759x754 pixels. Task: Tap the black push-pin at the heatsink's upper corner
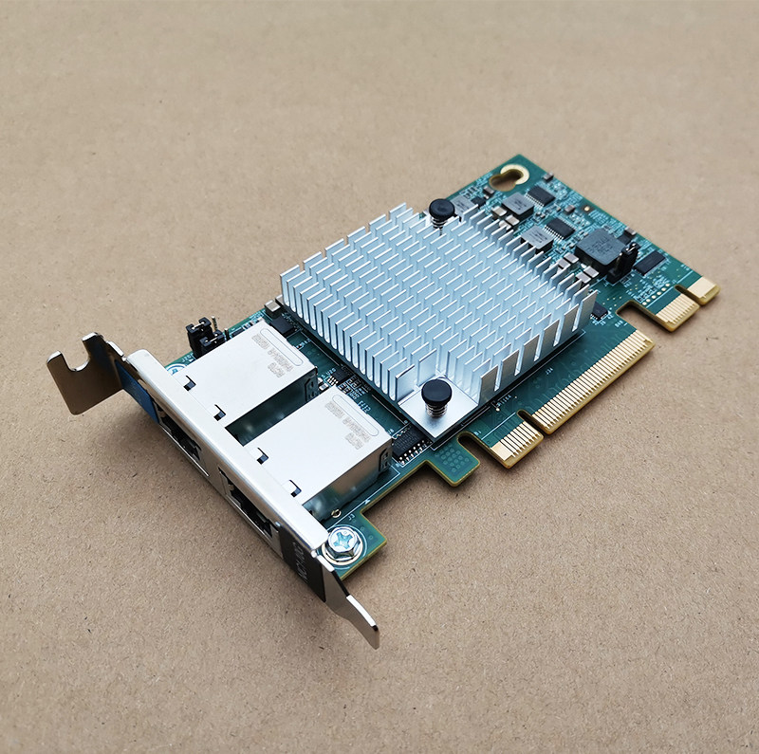(441, 210)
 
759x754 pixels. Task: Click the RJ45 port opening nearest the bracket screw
(249, 508)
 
